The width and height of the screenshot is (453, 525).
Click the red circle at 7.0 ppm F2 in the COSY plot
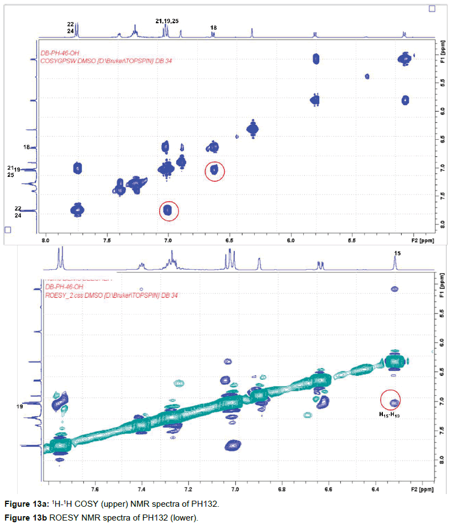169,211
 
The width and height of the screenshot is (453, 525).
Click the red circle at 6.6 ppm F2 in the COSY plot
215,171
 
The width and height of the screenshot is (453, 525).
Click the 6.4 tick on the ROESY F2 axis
375,489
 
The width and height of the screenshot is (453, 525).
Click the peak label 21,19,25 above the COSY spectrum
167,21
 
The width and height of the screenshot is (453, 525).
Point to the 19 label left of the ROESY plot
19,407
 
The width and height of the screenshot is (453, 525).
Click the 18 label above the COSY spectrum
214,28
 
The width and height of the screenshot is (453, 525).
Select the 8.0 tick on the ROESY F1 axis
440,458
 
